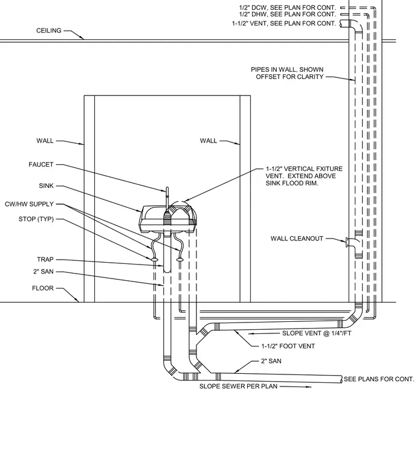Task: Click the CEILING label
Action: [48, 30]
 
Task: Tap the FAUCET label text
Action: [41, 164]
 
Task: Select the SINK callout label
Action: [47, 185]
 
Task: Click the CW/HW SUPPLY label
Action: [29, 204]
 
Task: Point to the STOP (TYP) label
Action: [36, 219]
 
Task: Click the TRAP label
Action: [45, 259]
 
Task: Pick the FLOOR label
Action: [43, 288]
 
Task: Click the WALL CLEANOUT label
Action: [297, 239]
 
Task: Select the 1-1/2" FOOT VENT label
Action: [288, 346]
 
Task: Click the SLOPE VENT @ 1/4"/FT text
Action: [317, 333]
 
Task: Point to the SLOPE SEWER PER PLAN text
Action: [238, 386]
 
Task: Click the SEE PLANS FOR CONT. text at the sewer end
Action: [379, 379]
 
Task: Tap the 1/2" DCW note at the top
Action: [287, 8]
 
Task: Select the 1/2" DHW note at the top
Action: [287, 14]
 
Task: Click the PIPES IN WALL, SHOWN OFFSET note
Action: [287, 73]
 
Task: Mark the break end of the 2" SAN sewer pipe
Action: [341, 379]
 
